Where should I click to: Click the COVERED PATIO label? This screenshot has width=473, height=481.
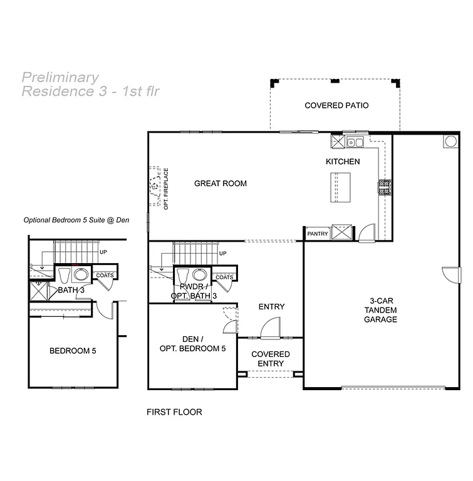tap(336, 105)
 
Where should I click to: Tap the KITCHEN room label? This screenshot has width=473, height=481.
tap(343, 162)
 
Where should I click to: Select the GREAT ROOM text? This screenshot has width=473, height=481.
tap(220, 184)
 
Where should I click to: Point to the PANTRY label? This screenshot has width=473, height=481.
tap(318, 234)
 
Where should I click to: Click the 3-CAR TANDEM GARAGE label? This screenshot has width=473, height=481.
tap(380, 310)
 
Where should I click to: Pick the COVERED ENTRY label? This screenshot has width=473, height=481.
tap(271, 359)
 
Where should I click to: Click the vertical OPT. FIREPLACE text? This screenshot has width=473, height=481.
tap(167, 188)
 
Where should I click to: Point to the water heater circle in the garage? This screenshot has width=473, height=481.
tap(450, 142)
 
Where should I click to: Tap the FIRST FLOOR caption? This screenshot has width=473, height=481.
tap(174, 412)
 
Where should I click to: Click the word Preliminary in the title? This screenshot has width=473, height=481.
tap(60, 78)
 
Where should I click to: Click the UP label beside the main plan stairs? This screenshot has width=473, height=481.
tap(222, 254)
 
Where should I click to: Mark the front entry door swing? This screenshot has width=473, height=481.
tap(271, 328)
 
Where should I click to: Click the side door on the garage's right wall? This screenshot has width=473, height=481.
tap(451, 274)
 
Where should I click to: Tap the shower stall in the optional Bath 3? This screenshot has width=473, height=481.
tap(39, 291)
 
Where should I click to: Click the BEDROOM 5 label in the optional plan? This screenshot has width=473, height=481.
tap(73, 351)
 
